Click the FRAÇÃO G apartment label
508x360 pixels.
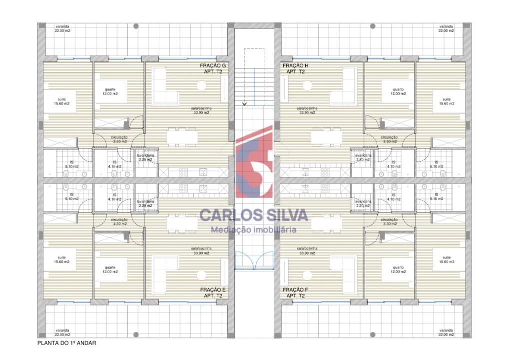coord(213,68)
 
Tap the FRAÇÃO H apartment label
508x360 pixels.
coord(296,68)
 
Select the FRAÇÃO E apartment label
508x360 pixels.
coord(213,292)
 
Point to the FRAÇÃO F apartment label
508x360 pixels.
coord(296,292)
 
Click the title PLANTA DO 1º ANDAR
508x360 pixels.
coord(66,343)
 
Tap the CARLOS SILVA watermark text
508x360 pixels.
coord(254,215)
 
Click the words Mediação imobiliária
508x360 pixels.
coord(254,230)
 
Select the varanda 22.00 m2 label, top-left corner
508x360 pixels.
coord(62,28)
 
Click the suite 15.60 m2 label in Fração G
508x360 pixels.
coord(62,101)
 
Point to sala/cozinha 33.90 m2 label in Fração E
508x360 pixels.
coord(201,250)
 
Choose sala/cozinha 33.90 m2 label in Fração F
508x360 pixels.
coord(306,250)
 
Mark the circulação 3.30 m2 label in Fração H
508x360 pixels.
coord(389,139)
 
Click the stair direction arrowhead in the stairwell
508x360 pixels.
coord(244,104)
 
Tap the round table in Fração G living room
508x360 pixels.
coord(201,86)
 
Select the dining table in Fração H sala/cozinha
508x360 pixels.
coord(327,136)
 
